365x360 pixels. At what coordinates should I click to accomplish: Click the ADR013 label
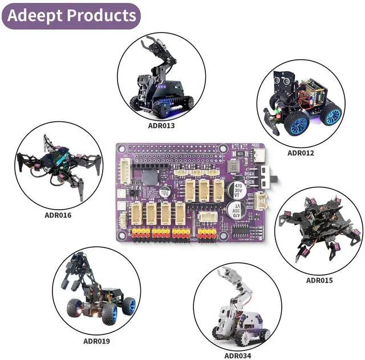(161, 126)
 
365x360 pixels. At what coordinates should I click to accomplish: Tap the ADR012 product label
(301, 153)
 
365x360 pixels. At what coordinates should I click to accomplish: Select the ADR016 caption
(58, 215)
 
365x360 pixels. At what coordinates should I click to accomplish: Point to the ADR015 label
(319, 280)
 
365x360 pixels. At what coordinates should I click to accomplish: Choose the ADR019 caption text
(96, 341)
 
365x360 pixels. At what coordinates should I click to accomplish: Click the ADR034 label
(237, 356)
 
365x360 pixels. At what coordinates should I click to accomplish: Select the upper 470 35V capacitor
(238, 190)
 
